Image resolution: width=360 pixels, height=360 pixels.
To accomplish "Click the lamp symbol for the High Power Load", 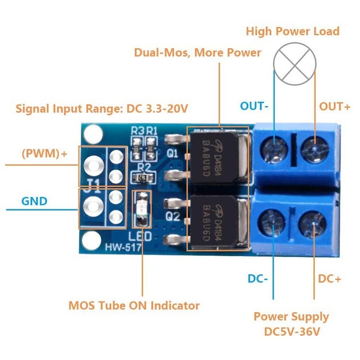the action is [295, 64].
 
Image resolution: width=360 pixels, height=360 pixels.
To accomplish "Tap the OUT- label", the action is [254, 106].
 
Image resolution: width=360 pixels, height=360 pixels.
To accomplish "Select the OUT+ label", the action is [335, 107].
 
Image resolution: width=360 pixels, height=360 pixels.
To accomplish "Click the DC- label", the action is [258, 279].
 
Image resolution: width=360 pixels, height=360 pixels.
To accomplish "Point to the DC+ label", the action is [329, 279].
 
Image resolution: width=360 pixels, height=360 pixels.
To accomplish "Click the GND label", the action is [34, 202].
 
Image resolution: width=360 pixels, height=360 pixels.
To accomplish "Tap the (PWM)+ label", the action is [44, 154].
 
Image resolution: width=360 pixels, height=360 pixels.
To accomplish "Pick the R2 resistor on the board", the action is [143, 177].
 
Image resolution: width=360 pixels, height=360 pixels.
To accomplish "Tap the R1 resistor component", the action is [151, 149].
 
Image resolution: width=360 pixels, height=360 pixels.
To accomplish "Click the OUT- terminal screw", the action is [274, 149].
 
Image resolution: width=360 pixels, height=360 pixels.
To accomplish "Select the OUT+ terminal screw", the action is [314, 149].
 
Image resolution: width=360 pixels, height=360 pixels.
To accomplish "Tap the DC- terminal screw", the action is [272, 223].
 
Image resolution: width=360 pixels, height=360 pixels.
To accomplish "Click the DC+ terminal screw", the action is [313, 224].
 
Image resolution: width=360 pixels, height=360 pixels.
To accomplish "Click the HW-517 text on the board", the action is [123, 247].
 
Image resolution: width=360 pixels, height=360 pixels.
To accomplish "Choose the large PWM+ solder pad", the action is [94, 166].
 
